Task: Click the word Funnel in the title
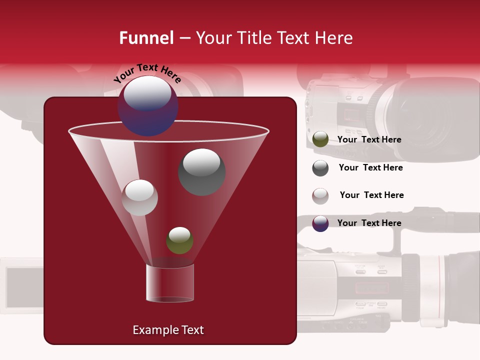pyautogui.click(x=146, y=38)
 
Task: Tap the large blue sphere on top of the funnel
pyautogui.click(x=148, y=105)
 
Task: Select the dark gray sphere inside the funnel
pyautogui.click(x=202, y=171)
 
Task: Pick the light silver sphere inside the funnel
pyautogui.click(x=139, y=197)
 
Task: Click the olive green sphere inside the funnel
pyautogui.click(x=179, y=240)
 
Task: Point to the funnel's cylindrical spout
pyautogui.click(x=169, y=283)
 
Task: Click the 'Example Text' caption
pyautogui.click(x=168, y=330)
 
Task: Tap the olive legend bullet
pyautogui.click(x=320, y=139)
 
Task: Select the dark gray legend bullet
pyautogui.click(x=320, y=168)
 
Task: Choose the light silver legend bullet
pyautogui.click(x=320, y=196)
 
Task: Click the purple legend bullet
pyautogui.click(x=320, y=223)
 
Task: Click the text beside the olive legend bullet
pyautogui.click(x=369, y=139)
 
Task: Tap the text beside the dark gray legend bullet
pyautogui.click(x=370, y=167)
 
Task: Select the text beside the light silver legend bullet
pyautogui.click(x=371, y=195)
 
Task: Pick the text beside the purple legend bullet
pyautogui.click(x=369, y=223)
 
